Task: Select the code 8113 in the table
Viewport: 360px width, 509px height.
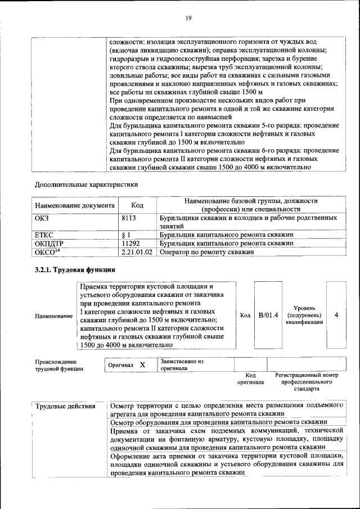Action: tap(130, 217)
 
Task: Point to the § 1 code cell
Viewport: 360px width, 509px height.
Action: tap(127, 235)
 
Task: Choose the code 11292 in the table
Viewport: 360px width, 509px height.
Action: tap(132, 244)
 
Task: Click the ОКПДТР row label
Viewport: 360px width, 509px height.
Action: tap(49, 244)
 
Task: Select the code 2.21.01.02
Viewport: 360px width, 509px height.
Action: tap(137, 253)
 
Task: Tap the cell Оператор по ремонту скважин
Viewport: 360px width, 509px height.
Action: tap(206, 253)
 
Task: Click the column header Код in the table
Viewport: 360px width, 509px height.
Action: tap(137, 205)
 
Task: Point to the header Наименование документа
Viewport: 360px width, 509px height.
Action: tap(75, 205)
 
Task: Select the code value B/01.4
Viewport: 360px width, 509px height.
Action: tap(268, 316)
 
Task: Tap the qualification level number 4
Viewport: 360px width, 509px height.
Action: tap(336, 316)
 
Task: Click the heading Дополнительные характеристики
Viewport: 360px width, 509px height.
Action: tap(87, 184)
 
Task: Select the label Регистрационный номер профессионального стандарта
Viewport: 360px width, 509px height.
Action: tap(306, 381)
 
